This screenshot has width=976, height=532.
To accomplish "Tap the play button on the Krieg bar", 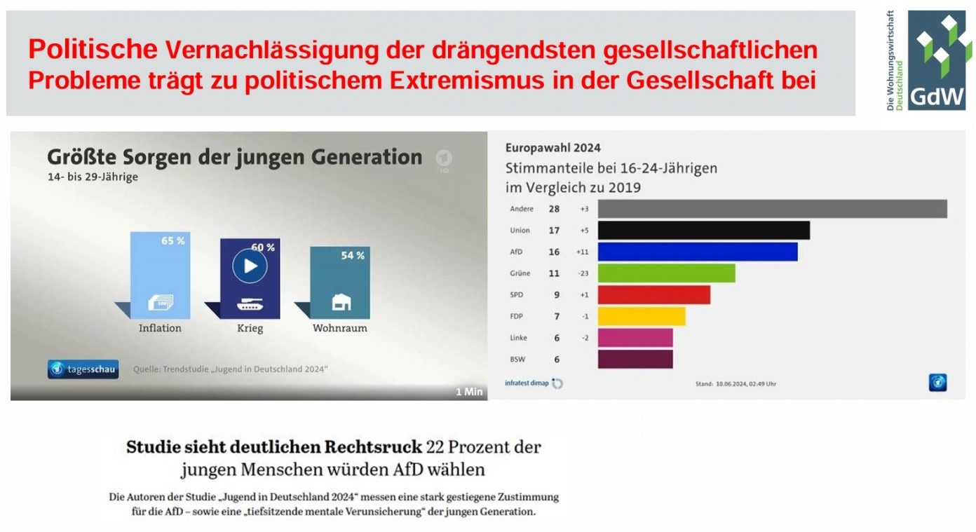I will (x=250, y=266).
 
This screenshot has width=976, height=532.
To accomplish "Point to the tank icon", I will (x=250, y=305).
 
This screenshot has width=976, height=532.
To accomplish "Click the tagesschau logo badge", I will (x=83, y=369).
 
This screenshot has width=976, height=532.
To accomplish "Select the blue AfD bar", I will (x=697, y=252).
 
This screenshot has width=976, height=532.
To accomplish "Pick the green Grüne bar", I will (x=666, y=273).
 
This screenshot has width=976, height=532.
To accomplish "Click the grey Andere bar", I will (x=772, y=209).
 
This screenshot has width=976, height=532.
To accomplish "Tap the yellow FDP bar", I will (x=641, y=316).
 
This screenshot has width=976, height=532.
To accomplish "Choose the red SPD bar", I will (x=653, y=294).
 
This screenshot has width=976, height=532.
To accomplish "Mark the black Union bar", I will (x=703, y=231).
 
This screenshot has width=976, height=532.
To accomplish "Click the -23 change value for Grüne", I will (x=583, y=273).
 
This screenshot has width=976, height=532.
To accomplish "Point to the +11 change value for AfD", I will (x=583, y=252).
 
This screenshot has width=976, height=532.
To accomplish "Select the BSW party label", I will (x=519, y=359).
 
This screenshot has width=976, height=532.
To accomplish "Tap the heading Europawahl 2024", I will (x=553, y=148).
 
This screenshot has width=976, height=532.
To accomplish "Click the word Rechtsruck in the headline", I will (x=373, y=446).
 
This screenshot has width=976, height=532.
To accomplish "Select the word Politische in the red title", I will (x=93, y=50).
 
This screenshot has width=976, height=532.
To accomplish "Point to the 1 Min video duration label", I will (x=469, y=392).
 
